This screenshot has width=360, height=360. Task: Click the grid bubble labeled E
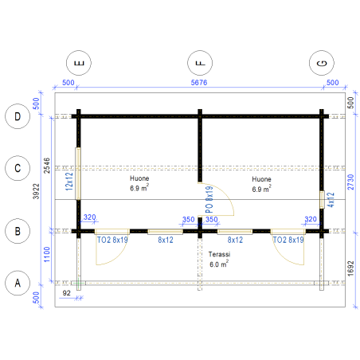(x=79, y=63)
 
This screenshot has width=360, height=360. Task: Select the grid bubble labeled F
(x=200, y=63)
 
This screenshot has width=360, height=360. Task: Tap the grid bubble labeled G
(x=322, y=63)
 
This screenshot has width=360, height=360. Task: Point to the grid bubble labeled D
(x=18, y=116)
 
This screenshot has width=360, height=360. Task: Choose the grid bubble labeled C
(x=18, y=168)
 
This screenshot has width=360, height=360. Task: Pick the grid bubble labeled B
(x=18, y=231)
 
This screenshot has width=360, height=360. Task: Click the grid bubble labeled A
(x=18, y=283)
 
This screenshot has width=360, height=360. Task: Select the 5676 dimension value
(x=199, y=83)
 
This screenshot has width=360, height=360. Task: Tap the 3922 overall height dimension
(x=36, y=191)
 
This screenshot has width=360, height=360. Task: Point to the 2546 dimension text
(x=47, y=166)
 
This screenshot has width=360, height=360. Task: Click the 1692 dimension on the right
(x=350, y=268)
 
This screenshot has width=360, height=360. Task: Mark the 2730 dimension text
(x=350, y=182)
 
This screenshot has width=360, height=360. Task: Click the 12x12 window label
(x=69, y=182)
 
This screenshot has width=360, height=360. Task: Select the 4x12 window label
(x=331, y=200)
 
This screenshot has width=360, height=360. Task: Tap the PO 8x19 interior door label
(x=209, y=199)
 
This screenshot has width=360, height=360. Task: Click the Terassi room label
(x=219, y=254)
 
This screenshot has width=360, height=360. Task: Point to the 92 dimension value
(x=67, y=293)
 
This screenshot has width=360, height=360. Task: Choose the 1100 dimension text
(x=47, y=255)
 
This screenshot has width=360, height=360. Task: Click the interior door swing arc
(x=225, y=192)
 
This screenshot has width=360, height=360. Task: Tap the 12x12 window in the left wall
(x=78, y=174)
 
